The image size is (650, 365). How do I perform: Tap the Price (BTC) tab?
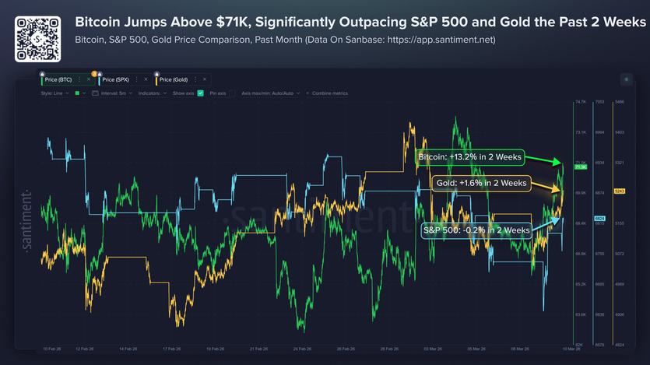pyautogui.click(x=59, y=79)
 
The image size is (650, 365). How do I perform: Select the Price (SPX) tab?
pyautogui.click(x=118, y=79)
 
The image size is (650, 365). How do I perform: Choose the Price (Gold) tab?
pyautogui.click(x=175, y=79)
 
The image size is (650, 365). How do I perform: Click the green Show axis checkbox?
pyautogui.click(x=201, y=93)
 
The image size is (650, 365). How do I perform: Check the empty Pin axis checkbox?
pyautogui.click(x=231, y=93)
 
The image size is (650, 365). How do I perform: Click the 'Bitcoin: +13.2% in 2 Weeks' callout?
pyautogui.click(x=469, y=156)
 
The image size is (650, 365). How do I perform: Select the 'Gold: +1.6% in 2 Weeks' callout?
pyautogui.click(x=480, y=184)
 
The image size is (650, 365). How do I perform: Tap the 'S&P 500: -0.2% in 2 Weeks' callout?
pyautogui.click(x=476, y=230)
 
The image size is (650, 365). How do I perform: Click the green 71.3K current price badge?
pyautogui.click(x=580, y=167)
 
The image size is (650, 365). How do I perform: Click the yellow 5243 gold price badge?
pyautogui.click(x=620, y=191)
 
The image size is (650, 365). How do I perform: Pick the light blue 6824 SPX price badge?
pyautogui.click(x=599, y=218)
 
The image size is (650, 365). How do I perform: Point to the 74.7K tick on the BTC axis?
pyautogui.click(x=580, y=102)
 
